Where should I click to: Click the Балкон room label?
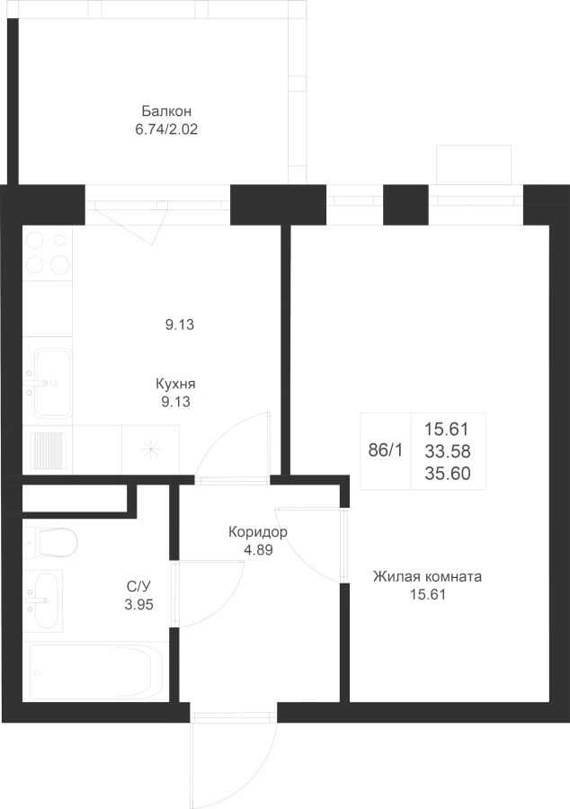[x=166, y=111]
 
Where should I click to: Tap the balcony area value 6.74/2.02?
[x=166, y=129]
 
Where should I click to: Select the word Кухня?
[x=175, y=385]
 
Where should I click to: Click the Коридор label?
[x=258, y=532]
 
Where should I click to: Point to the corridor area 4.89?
[x=258, y=550]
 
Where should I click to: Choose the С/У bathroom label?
[x=138, y=586]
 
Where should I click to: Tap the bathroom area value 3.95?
[x=138, y=604]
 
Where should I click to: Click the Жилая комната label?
[x=427, y=576]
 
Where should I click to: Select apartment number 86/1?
[x=386, y=451]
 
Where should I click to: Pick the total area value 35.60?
[x=448, y=474]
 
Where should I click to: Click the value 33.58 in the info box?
[x=448, y=451]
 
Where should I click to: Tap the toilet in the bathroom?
[x=50, y=542]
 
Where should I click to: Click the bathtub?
[x=95, y=671]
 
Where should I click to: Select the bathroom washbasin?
[x=43, y=600]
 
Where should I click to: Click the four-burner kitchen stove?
[x=48, y=253]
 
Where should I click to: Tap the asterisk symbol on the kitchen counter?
[x=151, y=449]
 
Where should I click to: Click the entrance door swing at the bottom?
[x=234, y=760]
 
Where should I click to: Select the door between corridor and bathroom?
[x=210, y=594]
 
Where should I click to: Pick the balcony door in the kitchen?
[x=132, y=222]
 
